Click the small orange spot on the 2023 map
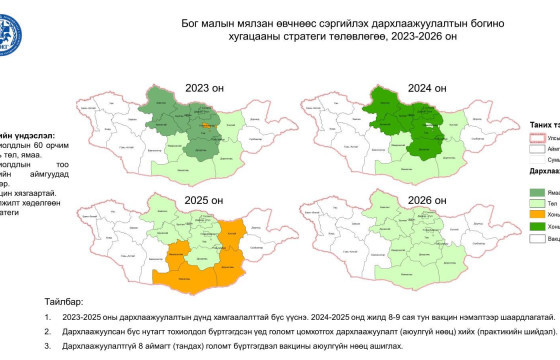(205, 125)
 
